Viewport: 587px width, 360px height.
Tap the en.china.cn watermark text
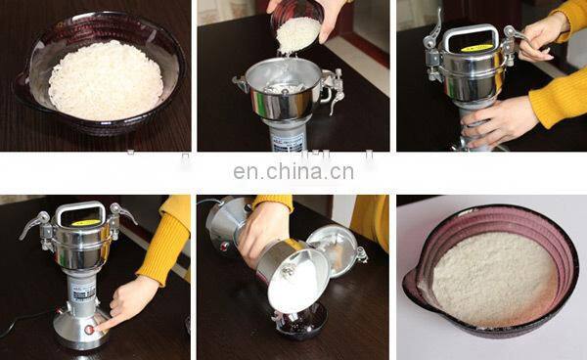pyautogui.click(x=293, y=173)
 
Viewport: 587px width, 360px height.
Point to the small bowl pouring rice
pyautogui.click(x=295, y=25)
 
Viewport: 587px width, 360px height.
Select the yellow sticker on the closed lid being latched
pyautogui.click(x=476, y=46)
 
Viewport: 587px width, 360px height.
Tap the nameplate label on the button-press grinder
pyautogui.click(x=83, y=290)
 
